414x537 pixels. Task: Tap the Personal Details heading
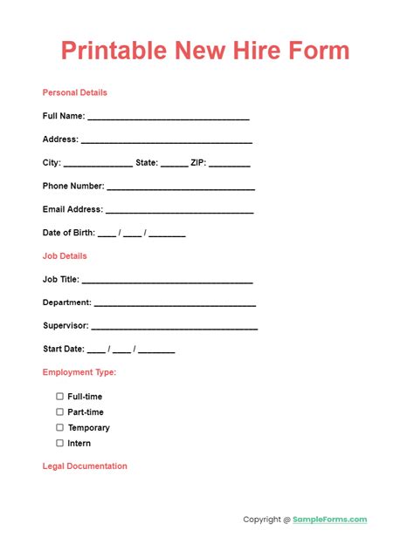75,92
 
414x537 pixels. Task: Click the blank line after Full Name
169,118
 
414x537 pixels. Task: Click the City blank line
98,165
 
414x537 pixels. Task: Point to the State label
147,162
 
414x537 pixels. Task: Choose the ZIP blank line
230,165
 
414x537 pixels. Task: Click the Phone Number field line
181,188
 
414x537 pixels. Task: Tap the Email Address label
72,209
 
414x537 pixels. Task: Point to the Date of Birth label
69,233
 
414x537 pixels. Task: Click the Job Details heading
65,256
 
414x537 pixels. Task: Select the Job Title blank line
167,282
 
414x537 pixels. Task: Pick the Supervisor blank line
174,329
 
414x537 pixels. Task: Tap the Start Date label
63,349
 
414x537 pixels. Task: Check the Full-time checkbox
60,397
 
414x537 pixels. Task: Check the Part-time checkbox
60,412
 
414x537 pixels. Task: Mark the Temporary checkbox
60,428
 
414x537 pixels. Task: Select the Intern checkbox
60,444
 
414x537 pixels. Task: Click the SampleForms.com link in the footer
330,520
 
